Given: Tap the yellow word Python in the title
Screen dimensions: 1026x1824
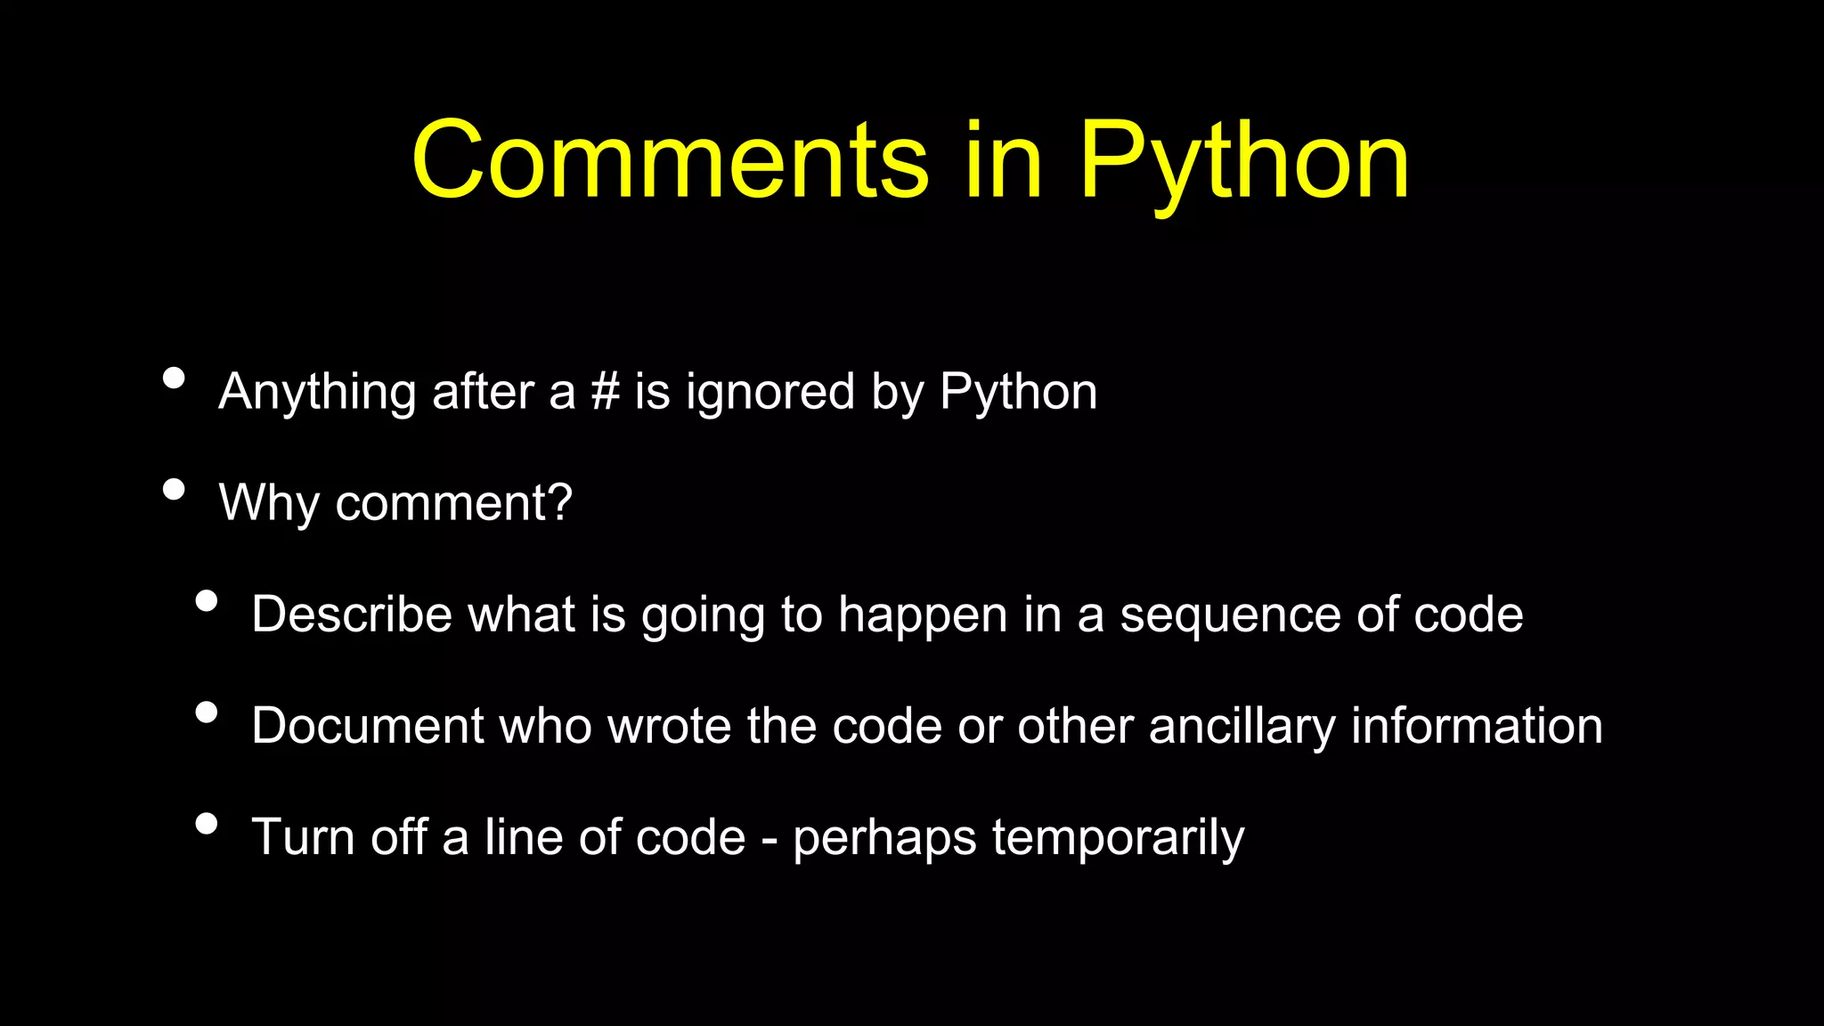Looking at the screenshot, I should tap(1244, 162).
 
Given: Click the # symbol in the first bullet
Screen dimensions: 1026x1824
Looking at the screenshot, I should tap(605, 392).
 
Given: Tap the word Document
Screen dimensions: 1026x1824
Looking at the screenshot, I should tap(367, 726).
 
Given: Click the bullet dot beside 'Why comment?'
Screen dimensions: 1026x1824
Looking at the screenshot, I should tap(175, 490).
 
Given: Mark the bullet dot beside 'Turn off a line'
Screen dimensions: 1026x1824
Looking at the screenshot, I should tap(207, 824).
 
